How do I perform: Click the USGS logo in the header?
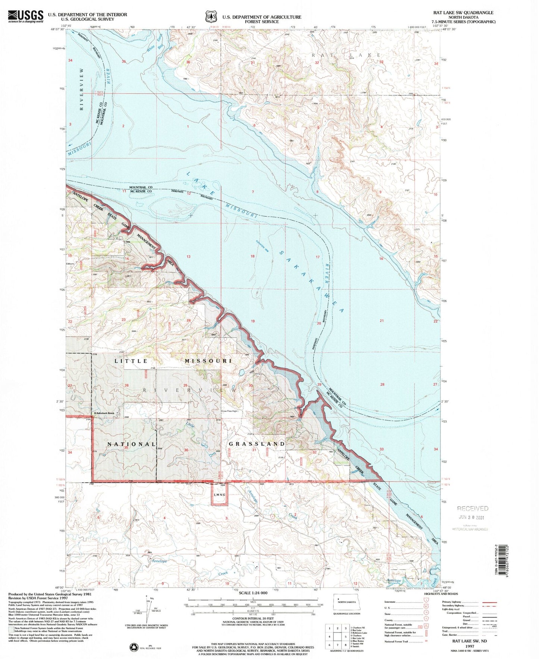click(x=26, y=16)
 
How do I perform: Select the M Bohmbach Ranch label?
click(x=106, y=413)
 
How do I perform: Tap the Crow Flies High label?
click(x=229, y=411)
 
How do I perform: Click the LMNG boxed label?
click(x=220, y=495)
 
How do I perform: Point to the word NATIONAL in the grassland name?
click(x=131, y=444)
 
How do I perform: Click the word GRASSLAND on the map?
click(x=257, y=444)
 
